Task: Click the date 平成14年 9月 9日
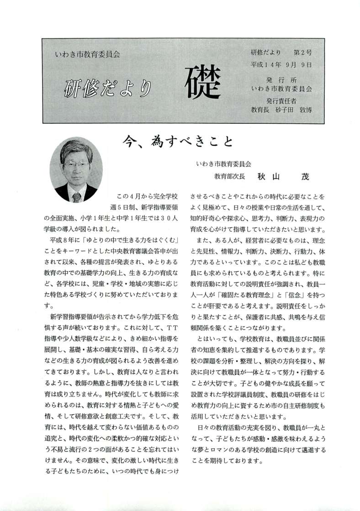pos(281,64)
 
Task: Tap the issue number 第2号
pos(302,53)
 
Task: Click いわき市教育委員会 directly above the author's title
pos(223,163)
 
